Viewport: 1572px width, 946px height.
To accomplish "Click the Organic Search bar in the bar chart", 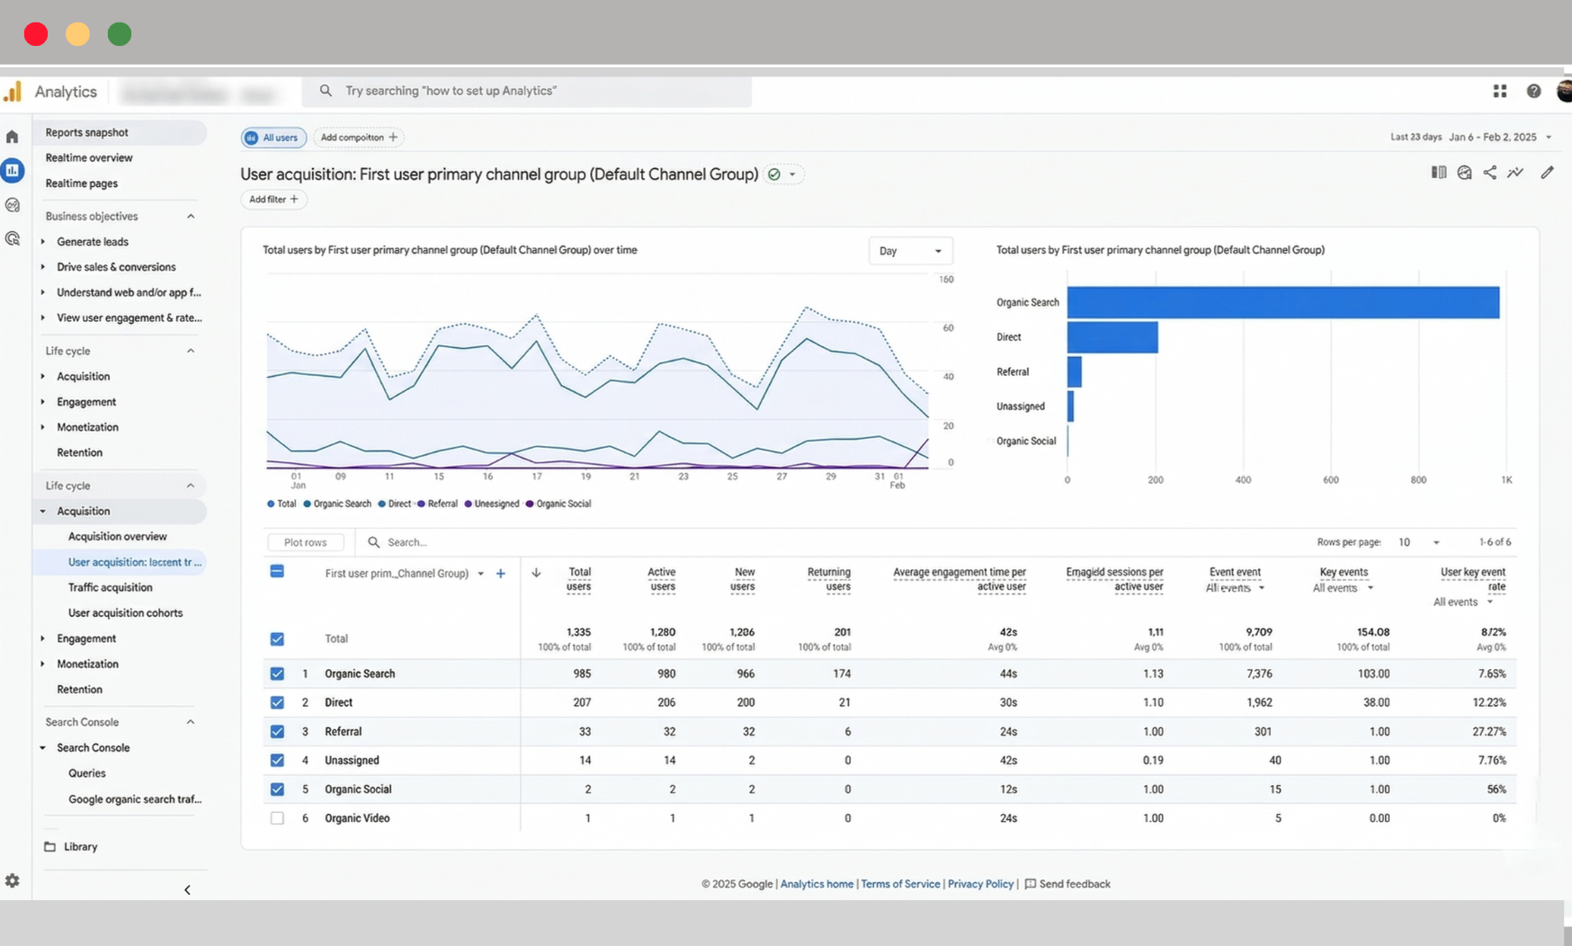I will point(1282,302).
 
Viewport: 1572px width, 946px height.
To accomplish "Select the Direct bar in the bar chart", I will point(1112,337).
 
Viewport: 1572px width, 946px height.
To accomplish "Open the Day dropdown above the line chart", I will point(910,251).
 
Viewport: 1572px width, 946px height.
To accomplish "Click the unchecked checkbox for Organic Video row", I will point(277,818).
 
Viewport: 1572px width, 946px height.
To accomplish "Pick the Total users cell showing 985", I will point(582,674).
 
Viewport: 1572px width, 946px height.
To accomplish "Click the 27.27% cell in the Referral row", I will point(1488,732).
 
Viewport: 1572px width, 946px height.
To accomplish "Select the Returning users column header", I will point(828,579).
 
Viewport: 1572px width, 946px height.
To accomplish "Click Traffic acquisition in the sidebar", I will point(110,587).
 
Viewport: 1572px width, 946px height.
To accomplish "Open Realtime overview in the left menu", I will point(89,157).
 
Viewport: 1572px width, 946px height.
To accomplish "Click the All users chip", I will point(273,138).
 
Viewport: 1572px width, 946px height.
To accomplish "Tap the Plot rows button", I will point(305,542).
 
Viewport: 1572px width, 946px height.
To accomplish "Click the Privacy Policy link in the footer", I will point(979,884).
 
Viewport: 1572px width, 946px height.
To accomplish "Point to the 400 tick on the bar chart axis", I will point(1243,480).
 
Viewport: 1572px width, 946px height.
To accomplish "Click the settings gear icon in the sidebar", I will point(13,881).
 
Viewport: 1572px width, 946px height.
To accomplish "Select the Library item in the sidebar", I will point(80,847).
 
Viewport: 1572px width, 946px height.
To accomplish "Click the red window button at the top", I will point(36,34).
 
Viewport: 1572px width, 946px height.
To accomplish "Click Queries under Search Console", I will point(87,773).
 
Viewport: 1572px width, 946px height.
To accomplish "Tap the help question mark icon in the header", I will point(1533,91).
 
